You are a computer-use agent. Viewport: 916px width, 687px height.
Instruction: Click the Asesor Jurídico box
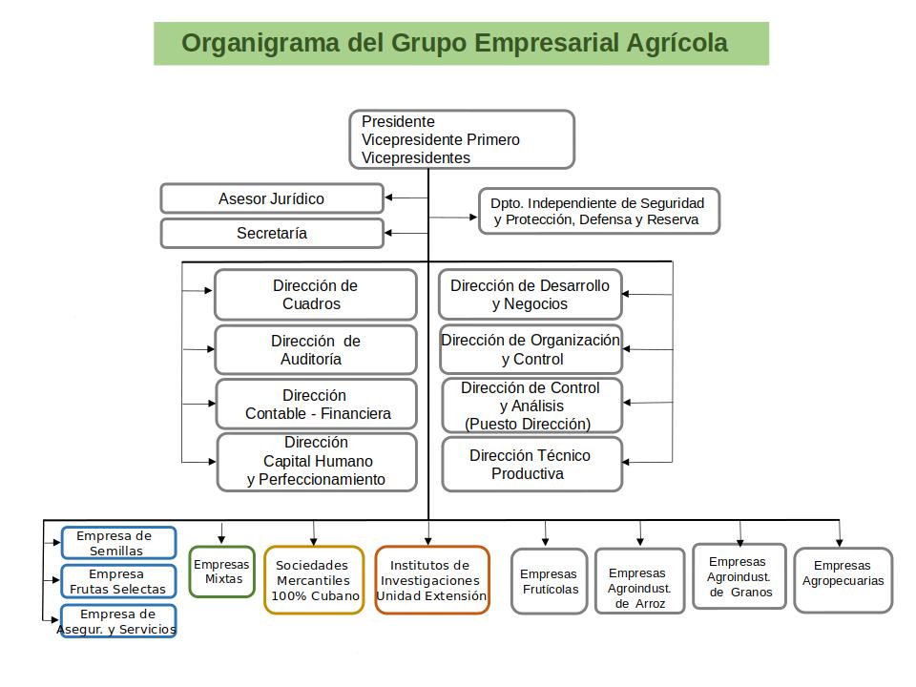(272, 198)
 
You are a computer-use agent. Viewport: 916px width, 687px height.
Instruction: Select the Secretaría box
(272, 233)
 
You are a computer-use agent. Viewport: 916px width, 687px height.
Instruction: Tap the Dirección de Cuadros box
(316, 295)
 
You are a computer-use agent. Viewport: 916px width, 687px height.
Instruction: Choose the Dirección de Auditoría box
(316, 349)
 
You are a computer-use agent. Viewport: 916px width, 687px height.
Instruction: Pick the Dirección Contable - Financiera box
(316, 405)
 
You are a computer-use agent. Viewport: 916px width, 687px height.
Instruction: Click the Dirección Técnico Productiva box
(532, 465)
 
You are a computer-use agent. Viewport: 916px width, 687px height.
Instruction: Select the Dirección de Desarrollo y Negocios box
(530, 295)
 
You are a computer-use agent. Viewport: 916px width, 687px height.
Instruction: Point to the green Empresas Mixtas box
(222, 572)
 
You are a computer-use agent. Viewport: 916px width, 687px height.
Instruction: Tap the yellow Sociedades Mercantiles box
(314, 580)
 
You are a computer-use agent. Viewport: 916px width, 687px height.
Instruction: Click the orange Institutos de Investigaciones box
(432, 580)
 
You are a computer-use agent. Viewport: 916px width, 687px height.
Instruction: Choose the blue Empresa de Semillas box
(118, 543)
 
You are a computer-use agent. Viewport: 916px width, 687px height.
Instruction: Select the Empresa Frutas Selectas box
(118, 581)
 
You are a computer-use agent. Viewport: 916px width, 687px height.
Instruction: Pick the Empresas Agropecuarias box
(843, 580)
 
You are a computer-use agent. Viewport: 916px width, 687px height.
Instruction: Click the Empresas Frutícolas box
(550, 581)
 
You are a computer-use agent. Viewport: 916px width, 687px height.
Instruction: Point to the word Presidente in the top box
(398, 121)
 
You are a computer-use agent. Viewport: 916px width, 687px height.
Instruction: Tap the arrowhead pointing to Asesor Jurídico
(388, 198)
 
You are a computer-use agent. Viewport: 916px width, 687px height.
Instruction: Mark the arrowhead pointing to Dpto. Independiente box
(474, 218)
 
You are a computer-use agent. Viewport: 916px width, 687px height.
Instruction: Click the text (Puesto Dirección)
(528, 424)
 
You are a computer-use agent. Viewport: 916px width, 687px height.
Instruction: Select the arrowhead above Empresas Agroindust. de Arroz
(640, 542)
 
